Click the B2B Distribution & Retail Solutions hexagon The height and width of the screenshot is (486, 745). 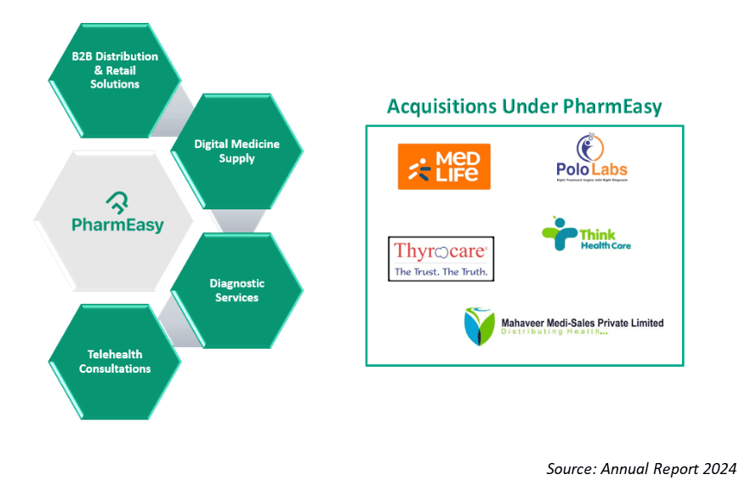(x=116, y=71)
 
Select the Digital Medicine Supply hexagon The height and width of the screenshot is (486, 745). (x=236, y=152)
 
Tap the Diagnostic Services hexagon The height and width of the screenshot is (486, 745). (x=236, y=290)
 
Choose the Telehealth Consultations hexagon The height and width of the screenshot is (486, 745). (x=115, y=362)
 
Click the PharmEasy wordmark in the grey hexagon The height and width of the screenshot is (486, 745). (x=117, y=226)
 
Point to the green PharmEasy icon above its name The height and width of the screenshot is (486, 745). (x=117, y=203)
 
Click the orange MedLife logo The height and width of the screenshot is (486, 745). (x=444, y=166)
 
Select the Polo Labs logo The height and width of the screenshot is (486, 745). (x=586, y=159)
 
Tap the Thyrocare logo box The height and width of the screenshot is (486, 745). (x=441, y=259)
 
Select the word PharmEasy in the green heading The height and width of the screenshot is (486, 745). (x=612, y=107)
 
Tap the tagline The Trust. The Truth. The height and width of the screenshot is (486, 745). (x=440, y=272)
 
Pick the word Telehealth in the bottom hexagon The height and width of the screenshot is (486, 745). (x=115, y=354)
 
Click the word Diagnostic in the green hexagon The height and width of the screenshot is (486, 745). (x=237, y=283)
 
